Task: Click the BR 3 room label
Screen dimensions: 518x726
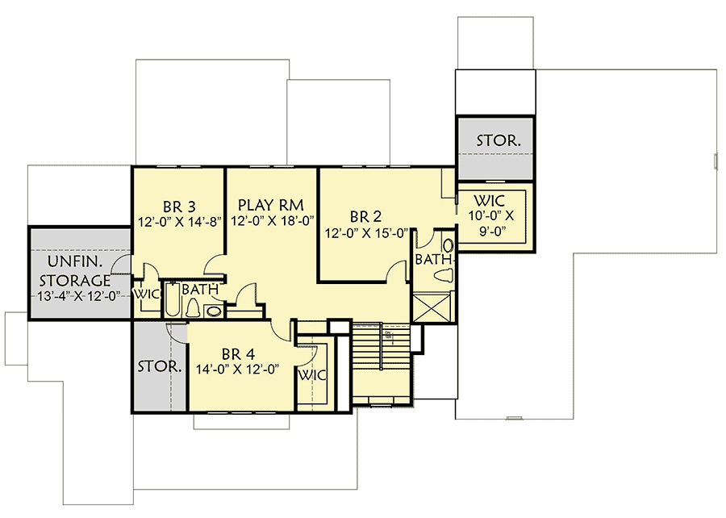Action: coord(178,205)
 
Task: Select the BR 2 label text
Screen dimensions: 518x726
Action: coord(368,217)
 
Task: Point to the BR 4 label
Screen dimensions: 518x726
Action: coord(238,353)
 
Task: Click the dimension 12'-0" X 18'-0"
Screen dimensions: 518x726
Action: coord(272,220)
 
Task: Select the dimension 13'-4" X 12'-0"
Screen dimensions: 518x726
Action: coord(78,296)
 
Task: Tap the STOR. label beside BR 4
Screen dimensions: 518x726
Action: coord(159,366)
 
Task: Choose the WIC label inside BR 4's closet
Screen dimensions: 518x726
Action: coord(311,376)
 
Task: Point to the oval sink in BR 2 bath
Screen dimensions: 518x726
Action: coord(448,244)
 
